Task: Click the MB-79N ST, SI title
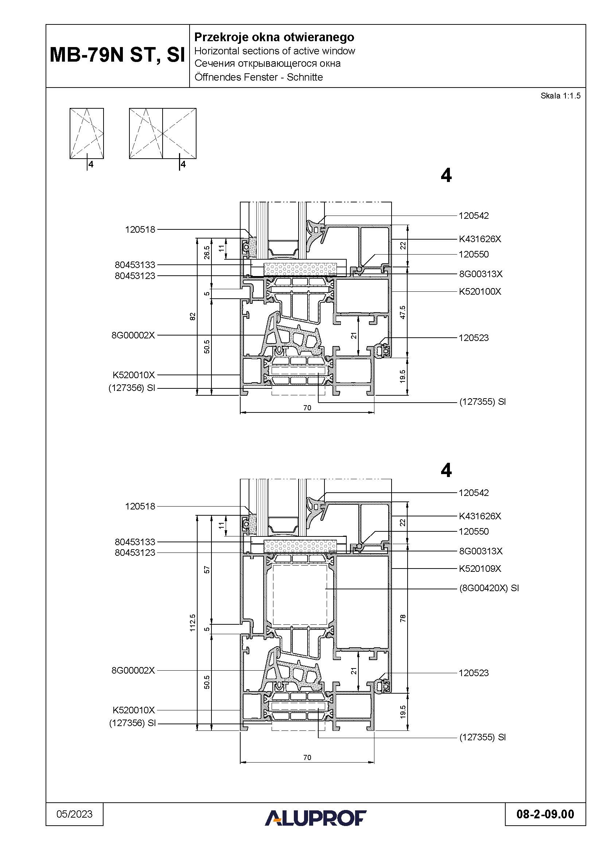click(x=117, y=55)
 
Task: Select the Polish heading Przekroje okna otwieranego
click(x=274, y=37)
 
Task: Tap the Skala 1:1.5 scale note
click(x=560, y=96)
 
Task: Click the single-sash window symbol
click(x=86, y=133)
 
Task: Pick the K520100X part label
click(x=480, y=292)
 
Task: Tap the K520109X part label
click(x=480, y=569)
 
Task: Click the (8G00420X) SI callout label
click(x=489, y=588)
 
